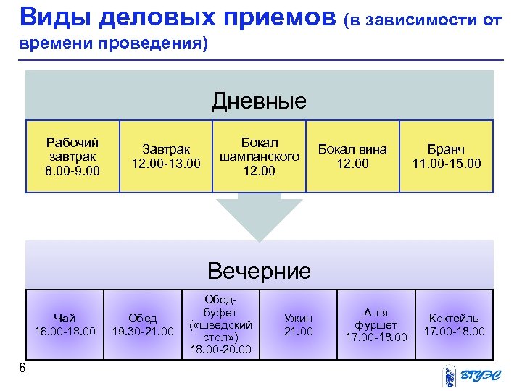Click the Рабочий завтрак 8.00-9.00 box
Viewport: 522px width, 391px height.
coord(72,156)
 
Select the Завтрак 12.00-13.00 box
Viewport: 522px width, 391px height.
coord(166,156)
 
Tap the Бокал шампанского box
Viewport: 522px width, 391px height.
coord(259,156)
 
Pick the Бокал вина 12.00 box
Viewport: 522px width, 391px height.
coord(352,156)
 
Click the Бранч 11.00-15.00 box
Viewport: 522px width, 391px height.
coord(446,156)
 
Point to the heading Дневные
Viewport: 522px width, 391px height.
coord(259,101)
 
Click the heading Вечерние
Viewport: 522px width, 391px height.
coord(259,272)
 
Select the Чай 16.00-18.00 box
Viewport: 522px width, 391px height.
coord(65,324)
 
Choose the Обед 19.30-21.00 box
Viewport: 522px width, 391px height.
coord(142,324)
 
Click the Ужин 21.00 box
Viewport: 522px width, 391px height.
coord(298,324)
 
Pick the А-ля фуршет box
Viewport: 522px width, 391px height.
coord(376,324)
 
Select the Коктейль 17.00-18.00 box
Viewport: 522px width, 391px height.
coord(454,324)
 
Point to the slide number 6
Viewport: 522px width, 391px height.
coord(22,369)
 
